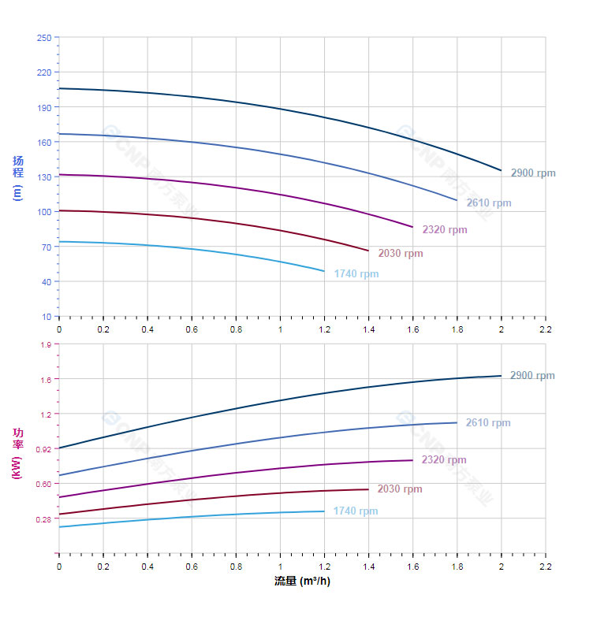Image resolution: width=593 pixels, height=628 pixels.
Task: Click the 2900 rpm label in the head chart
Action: (532, 173)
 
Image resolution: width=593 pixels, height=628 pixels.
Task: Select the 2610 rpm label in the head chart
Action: (488, 203)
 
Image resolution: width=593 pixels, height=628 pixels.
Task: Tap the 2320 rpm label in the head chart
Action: (444, 230)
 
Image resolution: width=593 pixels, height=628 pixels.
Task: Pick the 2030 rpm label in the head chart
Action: (400, 254)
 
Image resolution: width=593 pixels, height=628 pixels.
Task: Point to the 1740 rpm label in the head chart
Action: (356, 274)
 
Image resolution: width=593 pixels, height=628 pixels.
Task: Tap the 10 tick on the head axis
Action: (46, 317)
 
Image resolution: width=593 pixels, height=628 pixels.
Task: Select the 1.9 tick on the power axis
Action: (46, 344)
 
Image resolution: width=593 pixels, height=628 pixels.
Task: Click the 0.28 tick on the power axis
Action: (43, 519)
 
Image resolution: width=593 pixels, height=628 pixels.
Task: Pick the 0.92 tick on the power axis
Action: (43, 449)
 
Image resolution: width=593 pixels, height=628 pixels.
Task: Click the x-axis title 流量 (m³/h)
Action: (302, 582)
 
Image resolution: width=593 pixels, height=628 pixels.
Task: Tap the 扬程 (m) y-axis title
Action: (17, 177)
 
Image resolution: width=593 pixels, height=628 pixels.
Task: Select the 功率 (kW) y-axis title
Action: (17, 453)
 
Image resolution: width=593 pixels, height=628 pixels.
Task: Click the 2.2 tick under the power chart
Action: (545, 567)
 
